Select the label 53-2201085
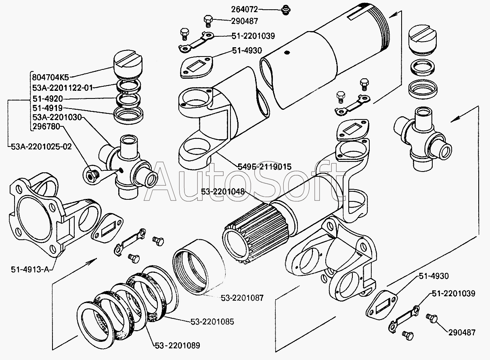[212, 322]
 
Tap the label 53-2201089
[177, 345]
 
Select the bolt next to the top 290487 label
[208, 20]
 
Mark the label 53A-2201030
[57, 117]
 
